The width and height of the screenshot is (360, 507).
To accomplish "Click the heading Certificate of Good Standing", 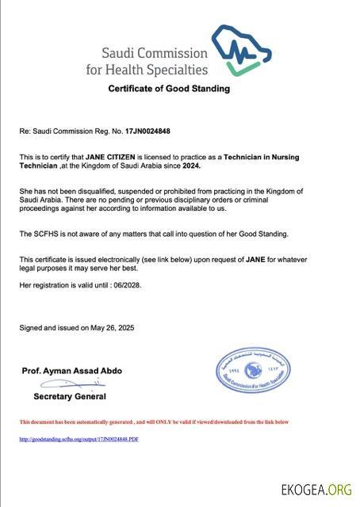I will click(x=169, y=89).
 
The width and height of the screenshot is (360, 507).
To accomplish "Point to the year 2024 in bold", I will click(x=190, y=165).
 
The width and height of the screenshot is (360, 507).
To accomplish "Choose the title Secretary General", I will click(x=69, y=396).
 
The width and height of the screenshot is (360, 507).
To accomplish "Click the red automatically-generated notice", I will click(x=154, y=422).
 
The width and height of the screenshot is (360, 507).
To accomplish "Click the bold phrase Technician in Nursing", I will click(x=261, y=158).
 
